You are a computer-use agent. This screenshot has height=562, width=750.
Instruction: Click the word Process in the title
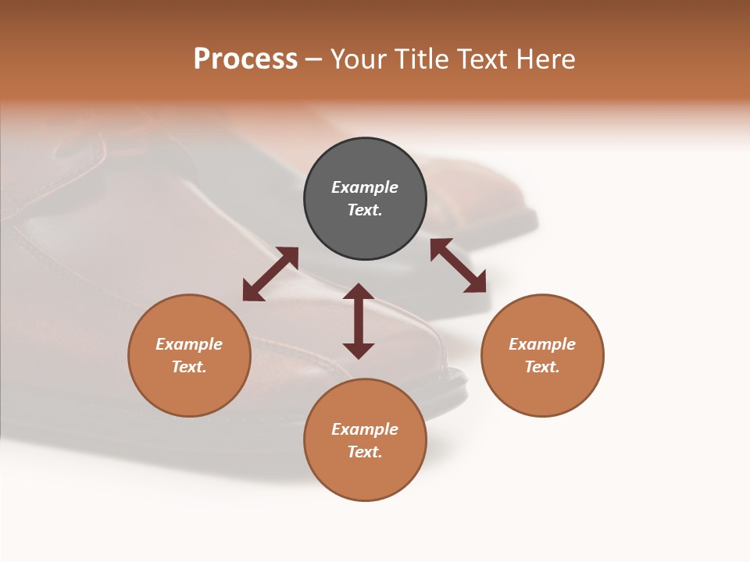click(x=245, y=59)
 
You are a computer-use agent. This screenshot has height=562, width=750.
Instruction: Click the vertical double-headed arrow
click(x=359, y=321)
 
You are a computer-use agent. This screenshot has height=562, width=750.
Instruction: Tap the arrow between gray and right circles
click(x=458, y=265)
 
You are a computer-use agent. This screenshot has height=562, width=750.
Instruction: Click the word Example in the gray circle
click(x=365, y=187)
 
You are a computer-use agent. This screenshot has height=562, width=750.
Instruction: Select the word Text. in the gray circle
click(x=365, y=210)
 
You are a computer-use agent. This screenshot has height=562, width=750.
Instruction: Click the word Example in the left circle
click(x=189, y=344)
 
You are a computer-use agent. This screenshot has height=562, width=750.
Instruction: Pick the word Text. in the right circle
click(x=542, y=367)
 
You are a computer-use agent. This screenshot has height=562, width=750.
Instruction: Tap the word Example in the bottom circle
click(x=365, y=429)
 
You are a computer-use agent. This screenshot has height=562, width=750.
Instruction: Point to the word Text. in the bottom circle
click(x=365, y=452)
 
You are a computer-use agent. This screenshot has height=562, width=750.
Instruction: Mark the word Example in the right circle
click(x=542, y=344)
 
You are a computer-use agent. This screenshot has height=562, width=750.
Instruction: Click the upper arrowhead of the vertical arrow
click(x=359, y=292)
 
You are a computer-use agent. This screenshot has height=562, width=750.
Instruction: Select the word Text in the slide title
click(x=483, y=59)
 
